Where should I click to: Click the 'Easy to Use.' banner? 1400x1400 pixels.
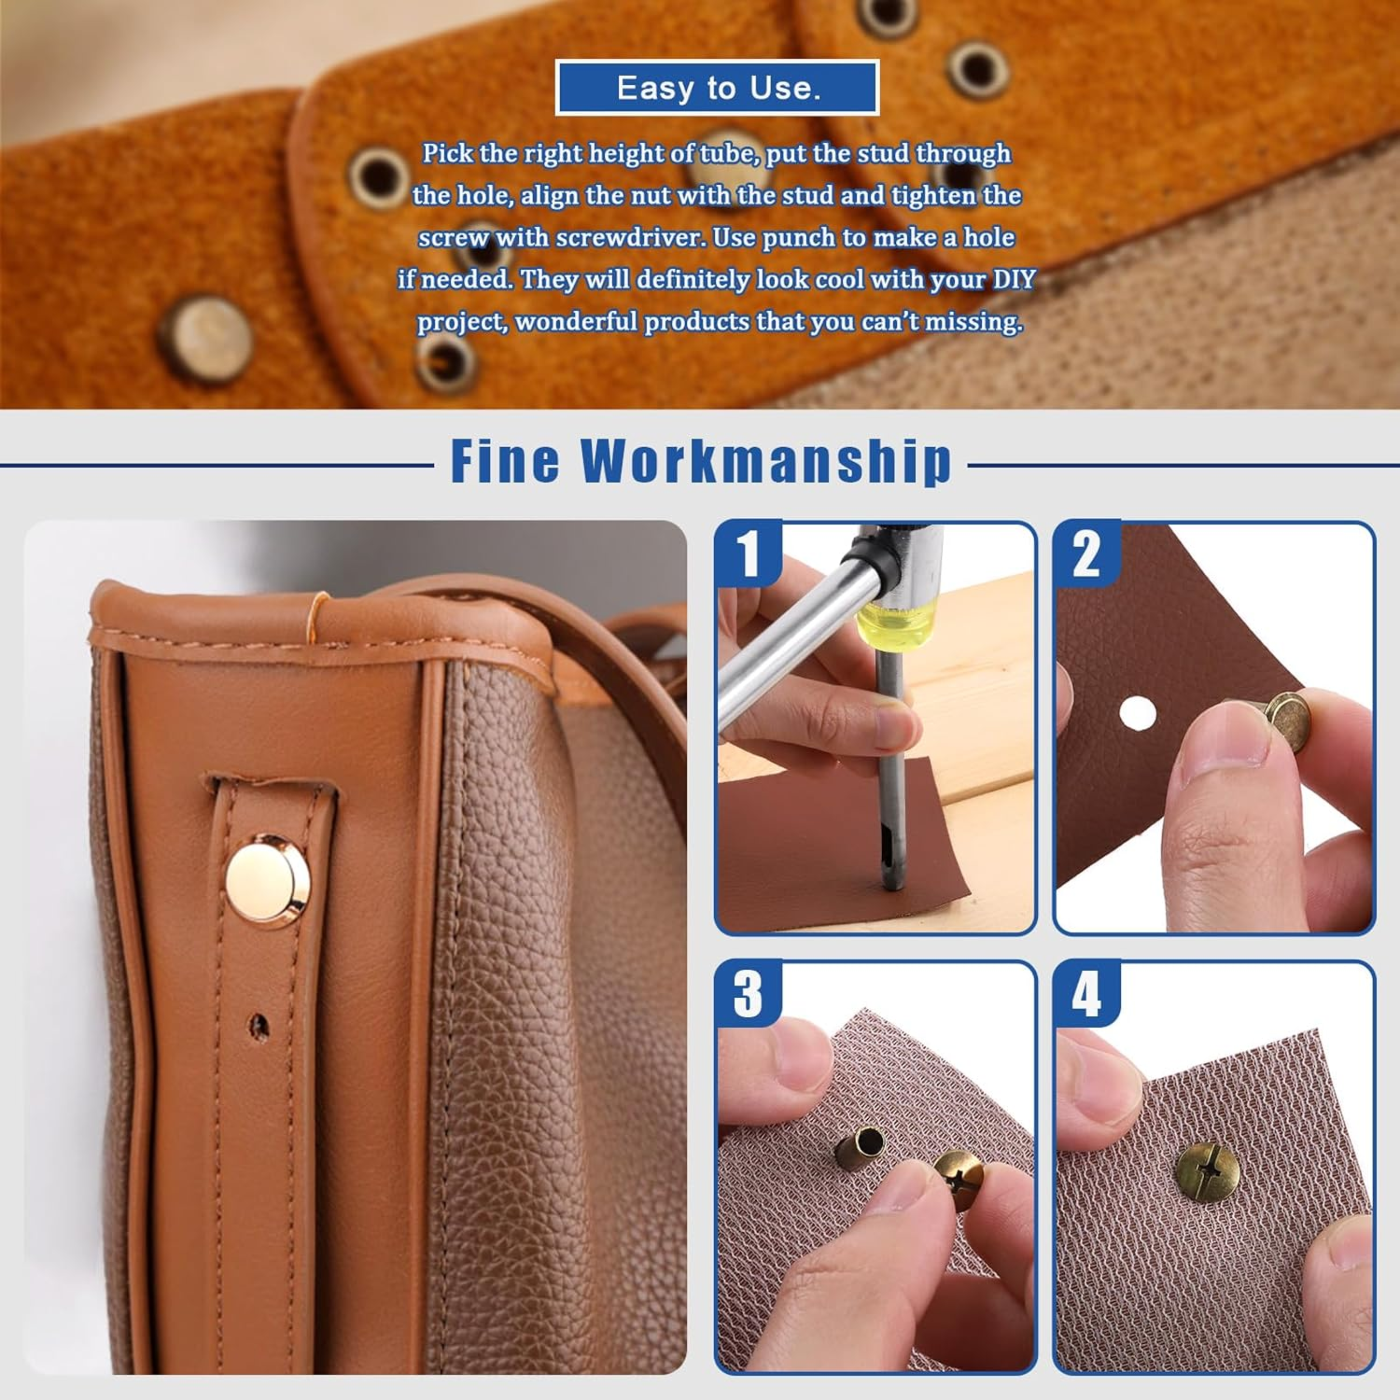[x=717, y=88]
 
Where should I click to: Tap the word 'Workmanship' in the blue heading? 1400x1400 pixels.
[x=766, y=461]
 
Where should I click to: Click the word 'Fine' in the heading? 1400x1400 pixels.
[x=506, y=461]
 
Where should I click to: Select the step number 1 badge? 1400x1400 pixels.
[x=749, y=553]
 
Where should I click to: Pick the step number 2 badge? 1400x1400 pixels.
[x=1086, y=553]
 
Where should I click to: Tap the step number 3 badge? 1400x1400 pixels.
[x=749, y=994]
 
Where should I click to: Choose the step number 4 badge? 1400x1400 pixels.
[x=1086, y=994]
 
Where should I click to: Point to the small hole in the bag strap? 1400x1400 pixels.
[x=259, y=1027]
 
